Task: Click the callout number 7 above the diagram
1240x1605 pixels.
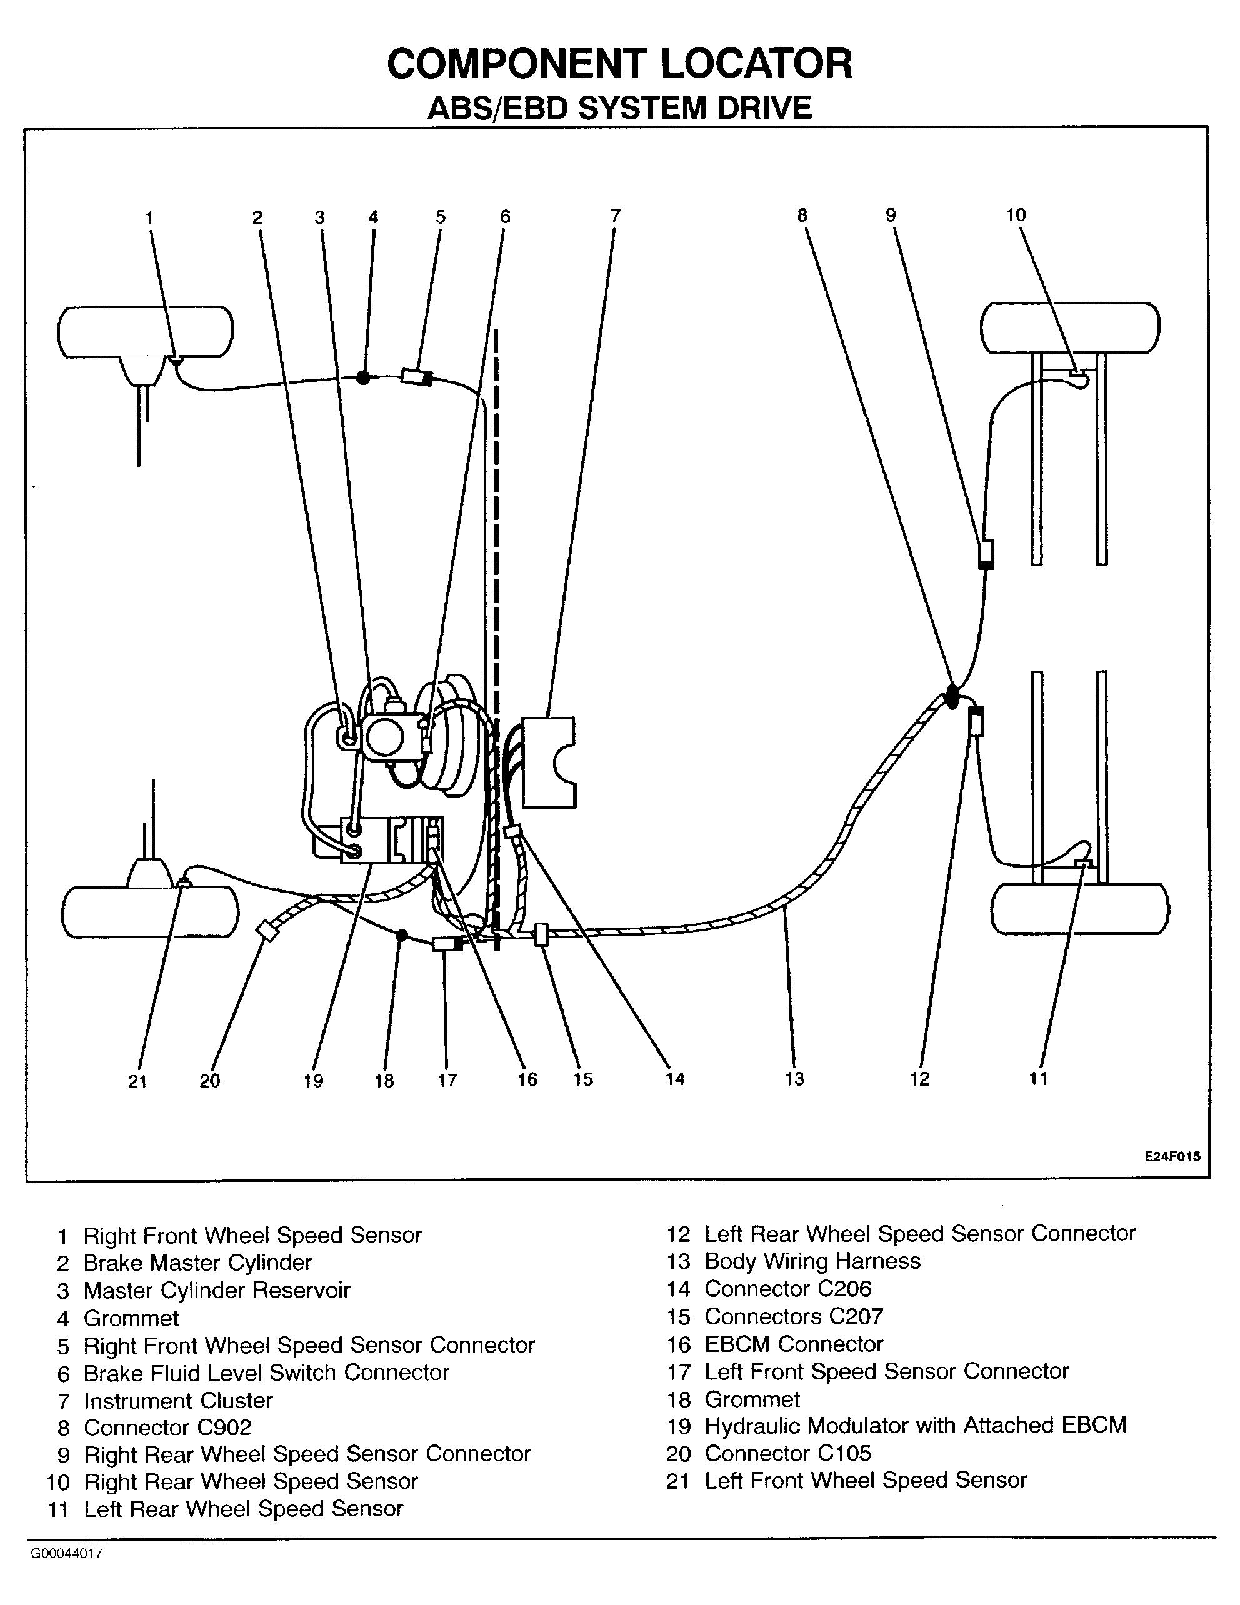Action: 615,216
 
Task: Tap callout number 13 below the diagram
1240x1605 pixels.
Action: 794,1079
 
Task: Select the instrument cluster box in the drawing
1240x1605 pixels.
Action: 547,762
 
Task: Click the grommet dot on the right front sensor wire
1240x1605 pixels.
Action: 362,377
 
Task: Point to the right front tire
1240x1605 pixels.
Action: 146,332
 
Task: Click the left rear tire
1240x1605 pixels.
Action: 1080,908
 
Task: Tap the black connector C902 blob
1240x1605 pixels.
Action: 952,696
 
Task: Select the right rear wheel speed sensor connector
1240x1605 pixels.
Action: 986,555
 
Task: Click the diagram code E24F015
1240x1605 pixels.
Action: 1172,1156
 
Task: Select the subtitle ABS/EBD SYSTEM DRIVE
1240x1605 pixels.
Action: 619,108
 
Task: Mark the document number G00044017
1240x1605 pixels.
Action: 66,1554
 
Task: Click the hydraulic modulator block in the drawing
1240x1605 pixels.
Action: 392,839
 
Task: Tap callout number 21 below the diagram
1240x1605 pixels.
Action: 137,1081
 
